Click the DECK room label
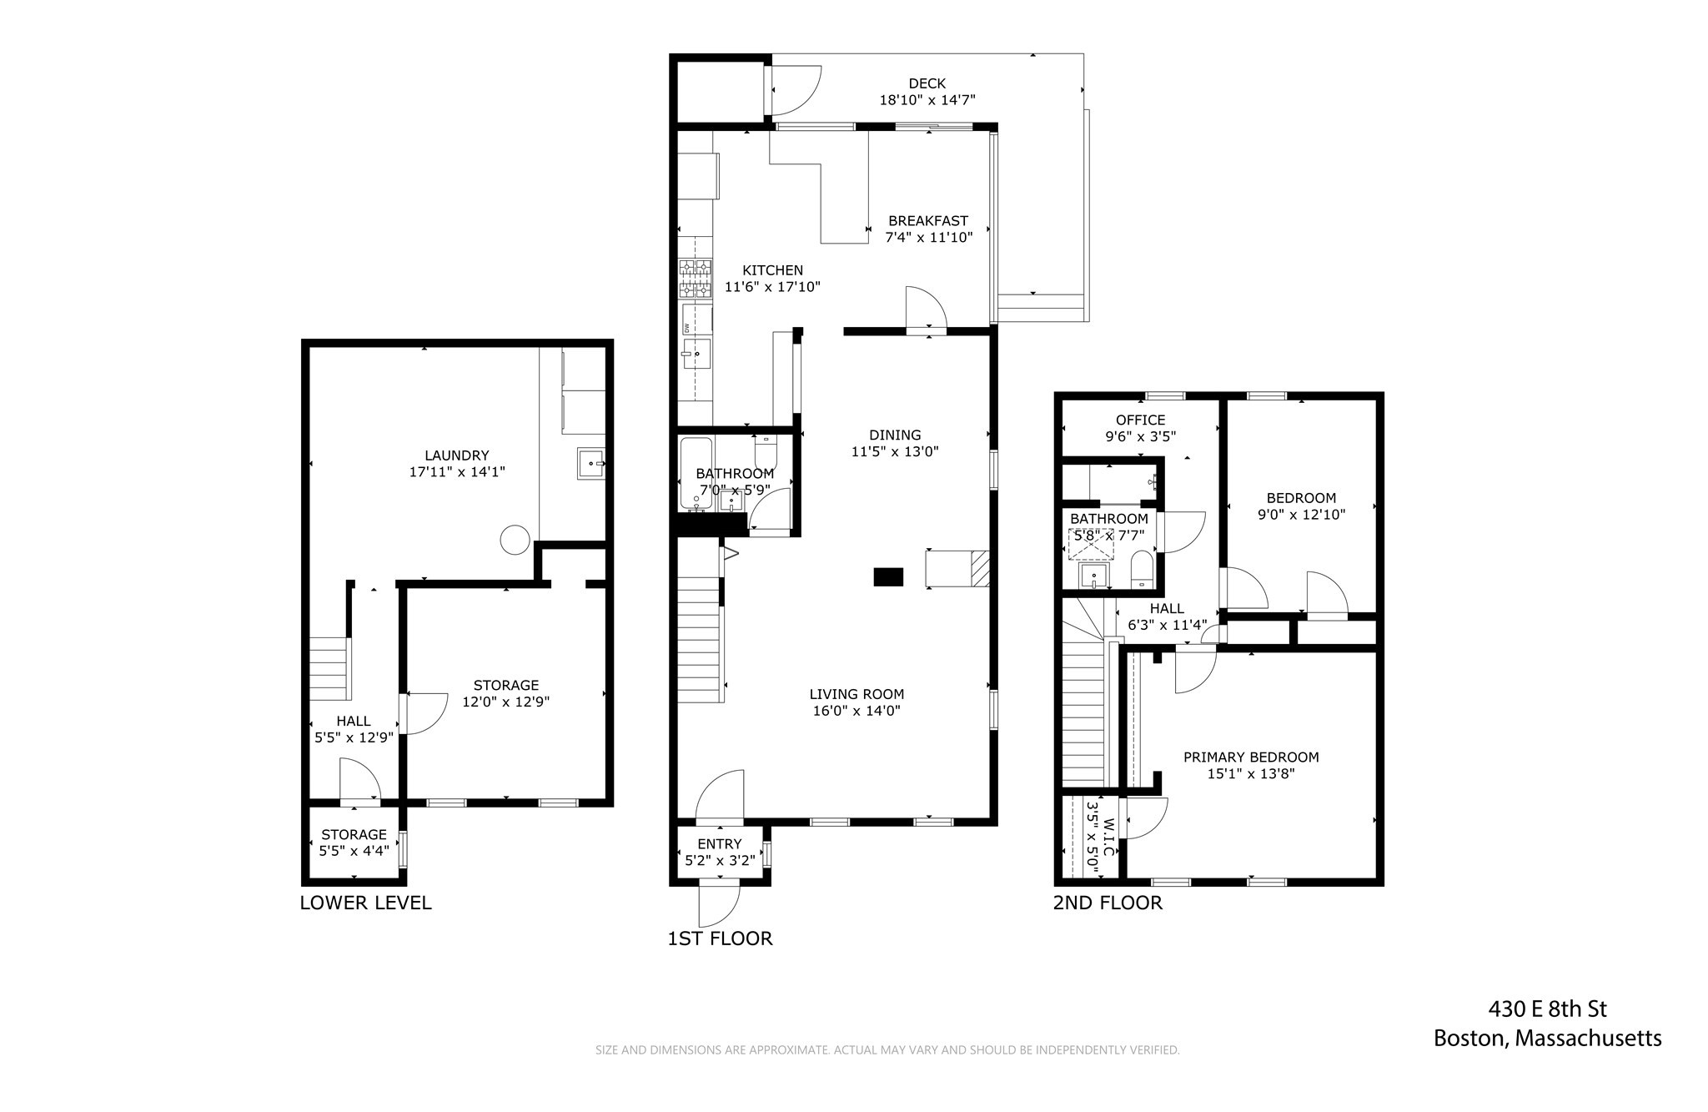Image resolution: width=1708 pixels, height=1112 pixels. pos(927,83)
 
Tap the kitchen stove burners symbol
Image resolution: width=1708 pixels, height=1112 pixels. pos(695,279)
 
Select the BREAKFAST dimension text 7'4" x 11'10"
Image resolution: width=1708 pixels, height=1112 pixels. pos(928,238)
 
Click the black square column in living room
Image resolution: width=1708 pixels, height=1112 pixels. pos(888,576)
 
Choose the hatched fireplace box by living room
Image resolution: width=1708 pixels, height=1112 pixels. pos(979,569)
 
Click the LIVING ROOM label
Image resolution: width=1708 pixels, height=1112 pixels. pos(857,694)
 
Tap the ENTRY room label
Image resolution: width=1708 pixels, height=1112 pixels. pos(719,844)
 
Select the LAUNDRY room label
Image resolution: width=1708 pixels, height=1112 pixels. pos(456,455)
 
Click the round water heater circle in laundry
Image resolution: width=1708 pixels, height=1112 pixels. pos(515,539)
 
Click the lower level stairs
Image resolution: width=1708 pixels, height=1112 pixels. pos(329,668)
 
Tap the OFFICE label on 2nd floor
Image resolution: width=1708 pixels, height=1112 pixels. pos(1140,420)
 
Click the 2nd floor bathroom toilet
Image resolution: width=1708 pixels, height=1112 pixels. pos(1142,570)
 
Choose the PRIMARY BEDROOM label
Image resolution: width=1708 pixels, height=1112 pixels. pos(1251,757)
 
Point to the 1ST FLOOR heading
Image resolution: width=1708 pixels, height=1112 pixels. pos(720,938)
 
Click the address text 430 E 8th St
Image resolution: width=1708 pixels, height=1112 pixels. pos(1547,1009)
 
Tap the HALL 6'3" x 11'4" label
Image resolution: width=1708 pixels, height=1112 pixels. pos(1167,616)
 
